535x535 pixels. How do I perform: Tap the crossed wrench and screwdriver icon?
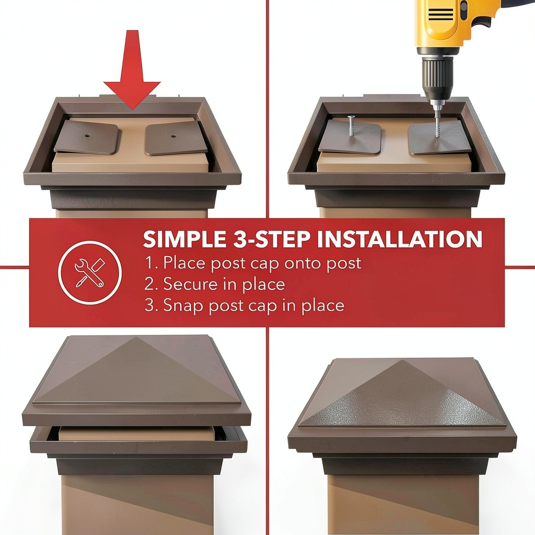90,273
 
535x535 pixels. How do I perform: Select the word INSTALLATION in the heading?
399,239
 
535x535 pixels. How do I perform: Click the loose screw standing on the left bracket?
351,127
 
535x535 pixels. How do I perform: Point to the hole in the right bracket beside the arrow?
173,136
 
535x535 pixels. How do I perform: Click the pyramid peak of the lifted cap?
136,338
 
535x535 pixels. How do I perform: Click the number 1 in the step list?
149,263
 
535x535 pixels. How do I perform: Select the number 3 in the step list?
149,305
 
